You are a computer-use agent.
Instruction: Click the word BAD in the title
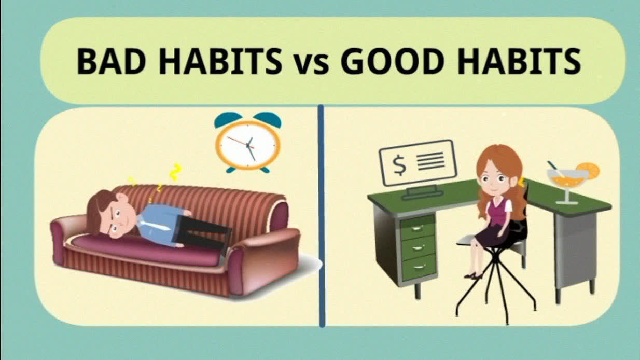point(112,61)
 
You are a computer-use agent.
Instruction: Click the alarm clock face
point(248,145)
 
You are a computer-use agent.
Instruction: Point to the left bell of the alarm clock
point(228,119)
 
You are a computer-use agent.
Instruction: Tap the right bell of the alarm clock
point(268,119)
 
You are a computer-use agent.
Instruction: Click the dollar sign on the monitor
point(399,165)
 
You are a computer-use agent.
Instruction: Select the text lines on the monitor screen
point(430,161)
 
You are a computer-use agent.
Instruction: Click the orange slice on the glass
point(589,171)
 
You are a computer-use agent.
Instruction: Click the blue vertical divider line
point(321,216)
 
